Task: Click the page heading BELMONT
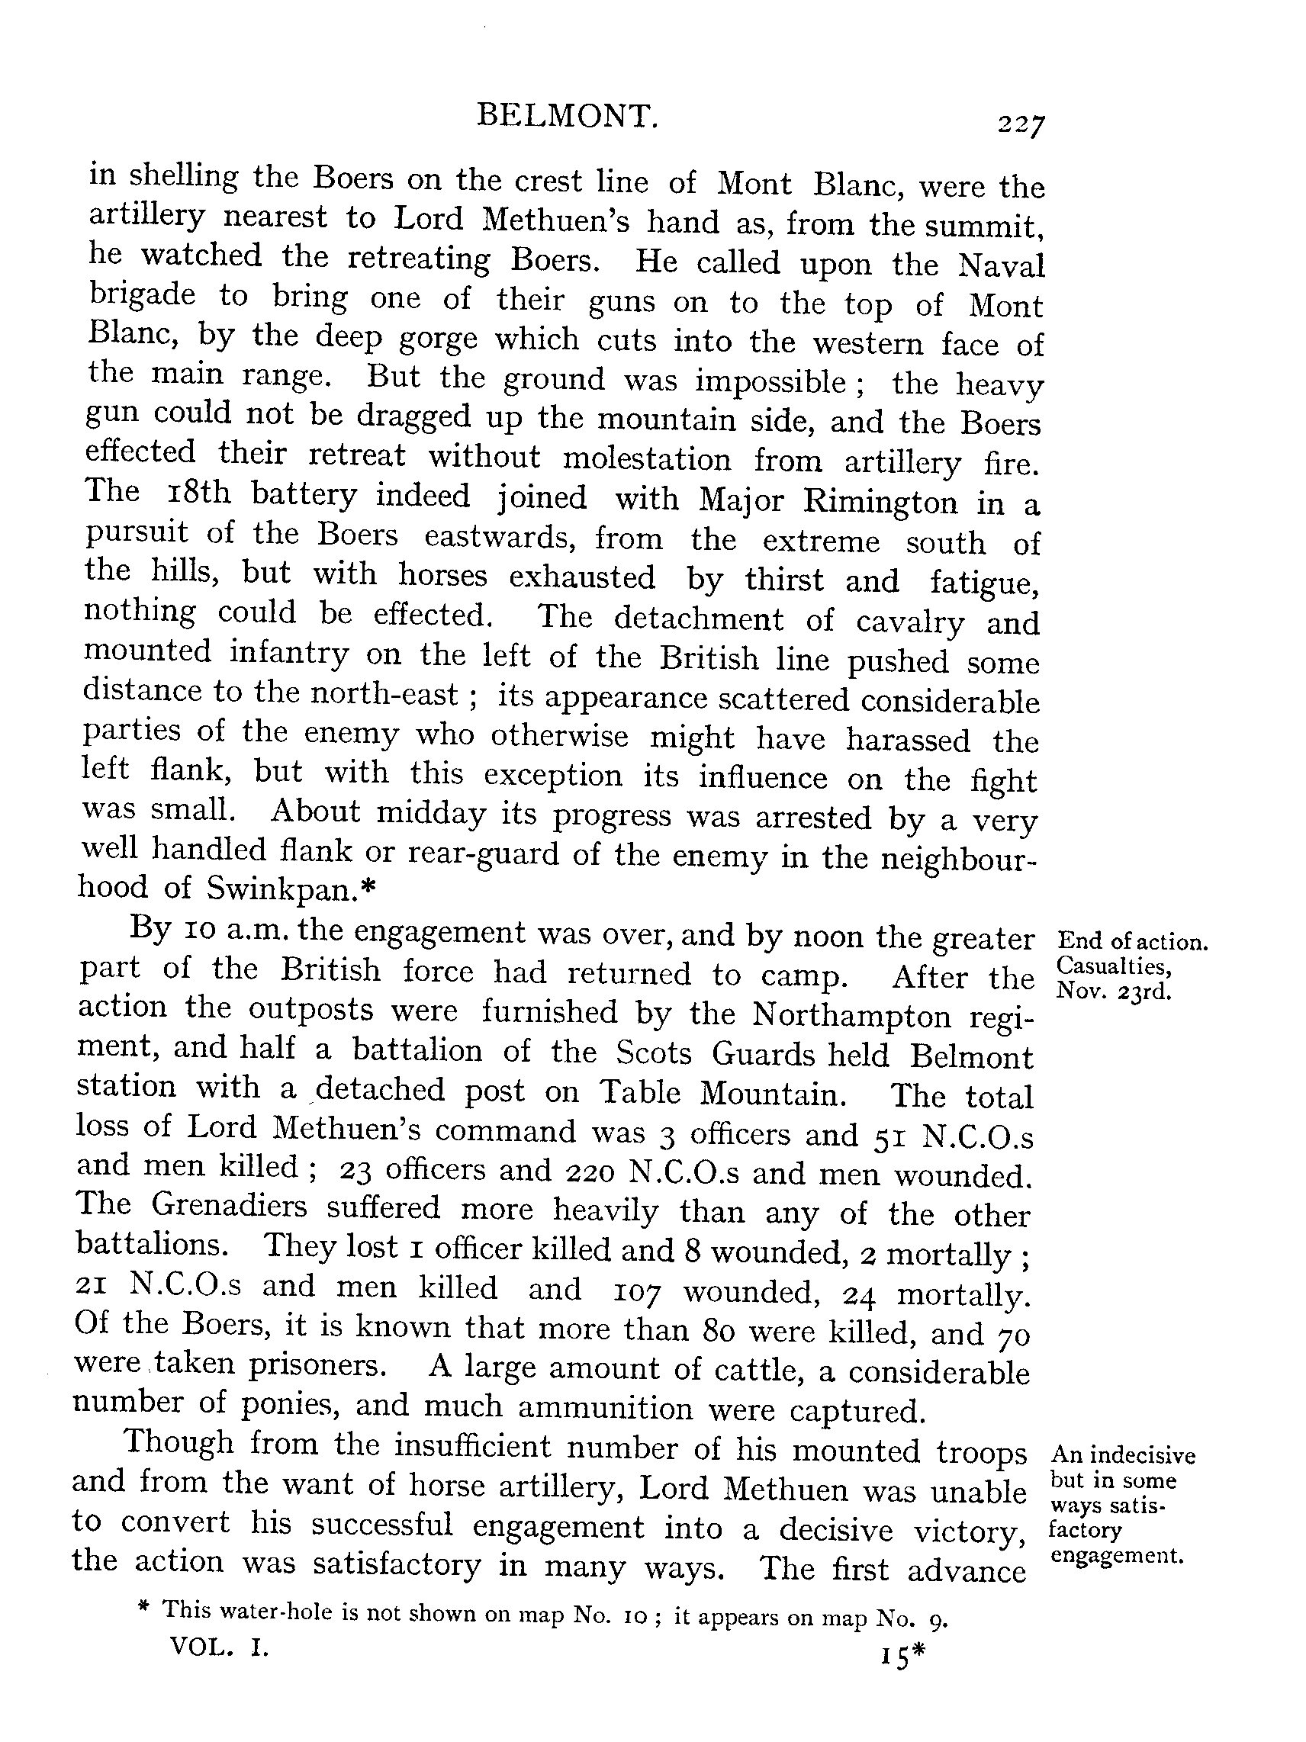[566, 117]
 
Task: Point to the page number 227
[1021, 125]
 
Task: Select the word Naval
[1000, 265]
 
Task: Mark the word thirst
[783, 580]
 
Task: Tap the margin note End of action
[1132, 942]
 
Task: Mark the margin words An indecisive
[1123, 1455]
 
